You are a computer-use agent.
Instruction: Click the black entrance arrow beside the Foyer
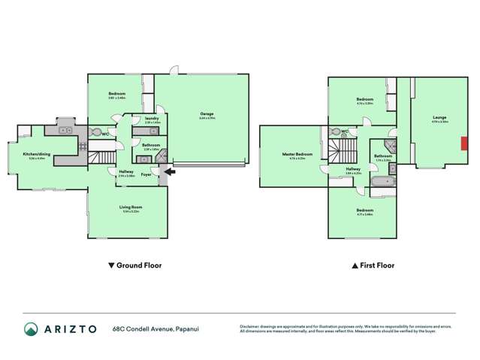[x=171, y=171]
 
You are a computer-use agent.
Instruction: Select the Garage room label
[x=207, y=115]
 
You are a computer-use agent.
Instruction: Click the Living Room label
[x=130, y=207]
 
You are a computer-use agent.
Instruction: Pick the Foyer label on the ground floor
[x=146, y=174]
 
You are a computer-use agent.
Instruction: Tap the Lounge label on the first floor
[x=439, y=117]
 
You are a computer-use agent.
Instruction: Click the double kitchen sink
[x=63, y=130]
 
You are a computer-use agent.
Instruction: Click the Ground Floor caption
[x=135, y=265]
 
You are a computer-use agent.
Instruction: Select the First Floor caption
[x=373, y=265]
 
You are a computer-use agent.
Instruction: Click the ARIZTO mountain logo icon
[x=31, y=329]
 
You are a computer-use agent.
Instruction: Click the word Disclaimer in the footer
[x=251, y=326]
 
